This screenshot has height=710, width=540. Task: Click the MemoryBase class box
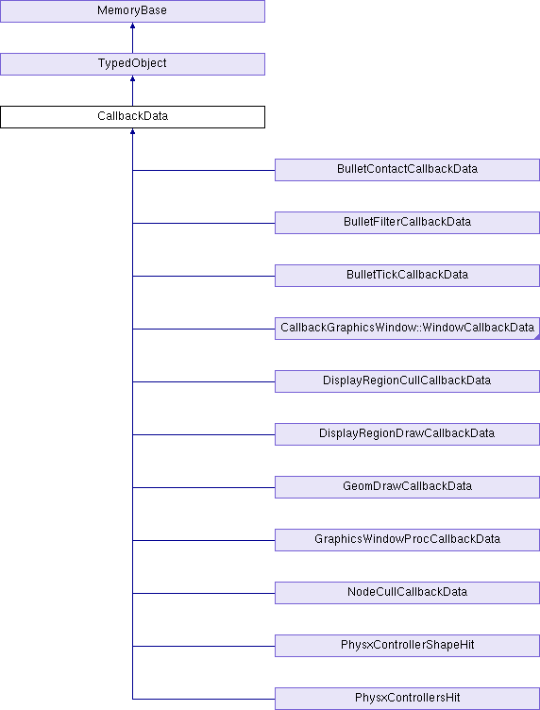(132, 11)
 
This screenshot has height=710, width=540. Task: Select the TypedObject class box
(132, 64)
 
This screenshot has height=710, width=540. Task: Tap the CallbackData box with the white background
(132, 117)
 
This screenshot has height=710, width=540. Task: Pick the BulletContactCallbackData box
(408, 170)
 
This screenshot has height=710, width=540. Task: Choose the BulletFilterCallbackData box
(408, 223)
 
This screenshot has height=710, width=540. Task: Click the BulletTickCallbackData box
(408, 276)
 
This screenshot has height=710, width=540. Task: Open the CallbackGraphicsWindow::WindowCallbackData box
(408, 329)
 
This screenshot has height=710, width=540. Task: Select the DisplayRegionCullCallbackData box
(408, 381)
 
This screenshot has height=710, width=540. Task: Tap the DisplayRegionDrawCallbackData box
(408, 434)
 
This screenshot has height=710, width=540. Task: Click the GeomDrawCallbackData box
(408, 487)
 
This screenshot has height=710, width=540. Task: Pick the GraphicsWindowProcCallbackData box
(408, 540)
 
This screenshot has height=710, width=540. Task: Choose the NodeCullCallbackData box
(408, 593)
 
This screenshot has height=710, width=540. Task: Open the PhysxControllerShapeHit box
(408, 646)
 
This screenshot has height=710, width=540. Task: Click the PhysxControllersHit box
(408, 699)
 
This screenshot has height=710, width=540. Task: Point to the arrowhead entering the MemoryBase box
(132, 25)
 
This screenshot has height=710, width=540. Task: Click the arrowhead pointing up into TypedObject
(132, 78)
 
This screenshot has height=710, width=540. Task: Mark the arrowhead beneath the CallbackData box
(132, 131)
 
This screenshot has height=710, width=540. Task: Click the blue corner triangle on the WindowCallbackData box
(537, 337)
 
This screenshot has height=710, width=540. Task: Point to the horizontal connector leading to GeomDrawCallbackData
(204, 488)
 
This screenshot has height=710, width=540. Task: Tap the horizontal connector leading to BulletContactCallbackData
(204, 170)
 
